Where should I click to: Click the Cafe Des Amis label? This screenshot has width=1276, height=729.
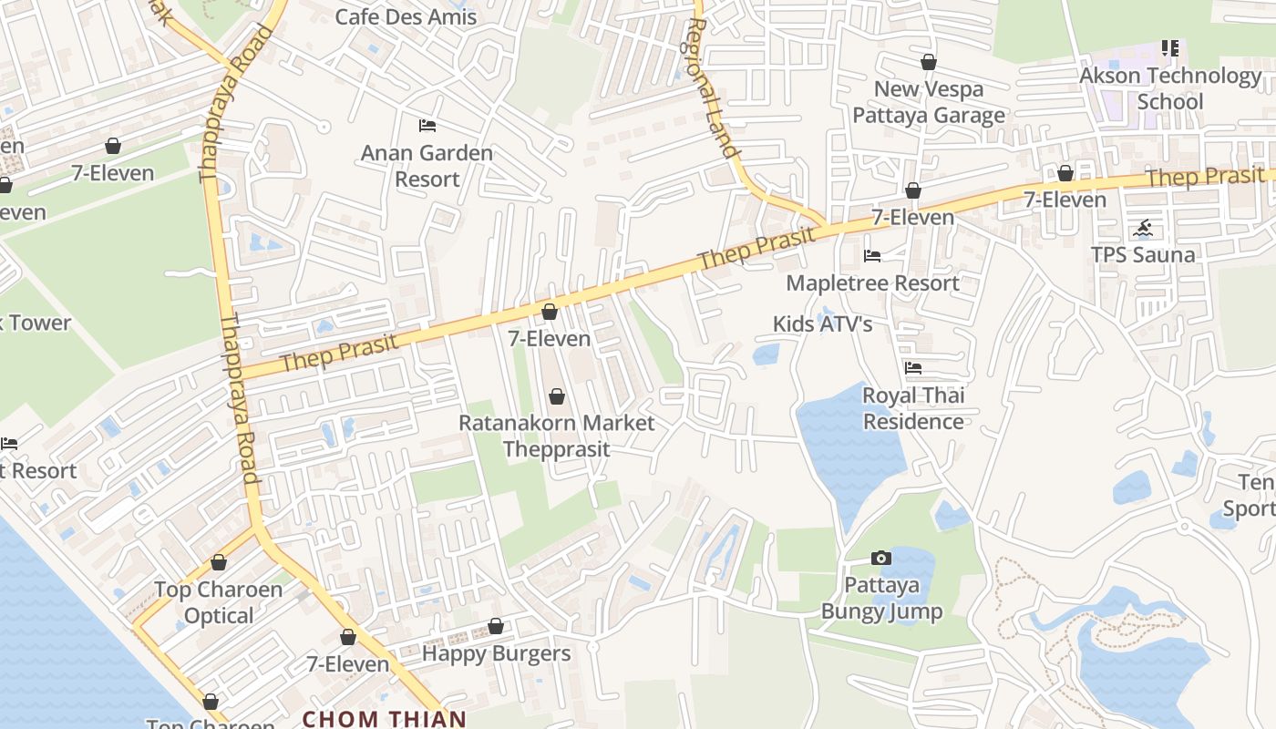click(x=406, y=16)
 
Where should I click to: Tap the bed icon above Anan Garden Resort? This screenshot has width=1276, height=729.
click(x=427, y=125)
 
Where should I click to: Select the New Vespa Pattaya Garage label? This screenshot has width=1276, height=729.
click(x=928, y=102)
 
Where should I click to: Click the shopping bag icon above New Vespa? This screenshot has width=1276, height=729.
click(x=928, y=62)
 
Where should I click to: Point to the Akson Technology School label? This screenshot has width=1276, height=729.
click(x=1170, y=88)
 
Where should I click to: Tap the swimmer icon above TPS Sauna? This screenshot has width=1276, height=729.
click(x=1143, y=228)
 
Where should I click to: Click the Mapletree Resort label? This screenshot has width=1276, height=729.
click(x=872, y=282)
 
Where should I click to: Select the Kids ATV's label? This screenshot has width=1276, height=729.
click(x=822, y=323)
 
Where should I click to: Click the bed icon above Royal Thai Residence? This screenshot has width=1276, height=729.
click(x=912, y=368)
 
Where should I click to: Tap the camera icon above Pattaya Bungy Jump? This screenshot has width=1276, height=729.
click(x=880, y=558)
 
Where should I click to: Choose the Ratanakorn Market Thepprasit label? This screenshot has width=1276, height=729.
click(x=556, y=436)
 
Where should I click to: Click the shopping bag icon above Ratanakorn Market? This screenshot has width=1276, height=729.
click(x=556, y=396)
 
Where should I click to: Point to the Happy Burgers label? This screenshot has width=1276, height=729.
click(x=496, y=653)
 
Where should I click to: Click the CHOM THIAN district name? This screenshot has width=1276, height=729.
click(x=384, y=718)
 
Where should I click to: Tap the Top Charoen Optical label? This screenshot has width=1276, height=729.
click(x=219, y=602)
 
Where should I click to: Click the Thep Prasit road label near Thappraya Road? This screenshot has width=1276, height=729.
click(x=339, y=354)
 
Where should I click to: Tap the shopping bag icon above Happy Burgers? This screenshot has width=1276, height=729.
click(x=496, y=626)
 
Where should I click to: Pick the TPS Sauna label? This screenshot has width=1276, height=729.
click(x=1143, y=254)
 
